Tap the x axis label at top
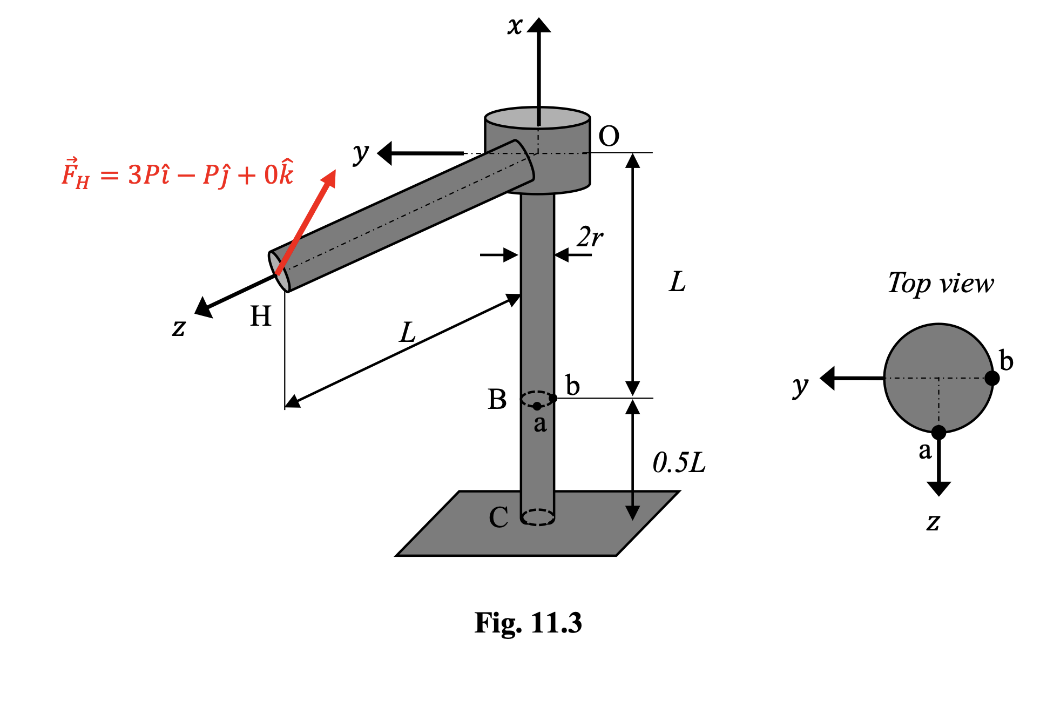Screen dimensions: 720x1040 point(515,25)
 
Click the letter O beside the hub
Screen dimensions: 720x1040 point(609,136)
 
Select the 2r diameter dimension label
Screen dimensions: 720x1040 point(590,237)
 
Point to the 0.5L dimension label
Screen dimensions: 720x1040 point(679,463)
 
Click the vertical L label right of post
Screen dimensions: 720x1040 point(677,282)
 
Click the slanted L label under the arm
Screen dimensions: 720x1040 point(408,333)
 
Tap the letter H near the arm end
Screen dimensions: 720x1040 point(260,316)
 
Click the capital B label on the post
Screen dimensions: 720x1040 point(497,400)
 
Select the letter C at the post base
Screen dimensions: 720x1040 point(498,517)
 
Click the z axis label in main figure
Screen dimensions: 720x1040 point(179,327)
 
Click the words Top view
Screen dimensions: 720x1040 point(940,283)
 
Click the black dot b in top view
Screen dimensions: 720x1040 point(992,378)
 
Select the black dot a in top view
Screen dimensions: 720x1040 point(938,432)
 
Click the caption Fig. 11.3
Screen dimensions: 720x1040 point(528,623)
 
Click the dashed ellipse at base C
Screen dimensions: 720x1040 point(538,517)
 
